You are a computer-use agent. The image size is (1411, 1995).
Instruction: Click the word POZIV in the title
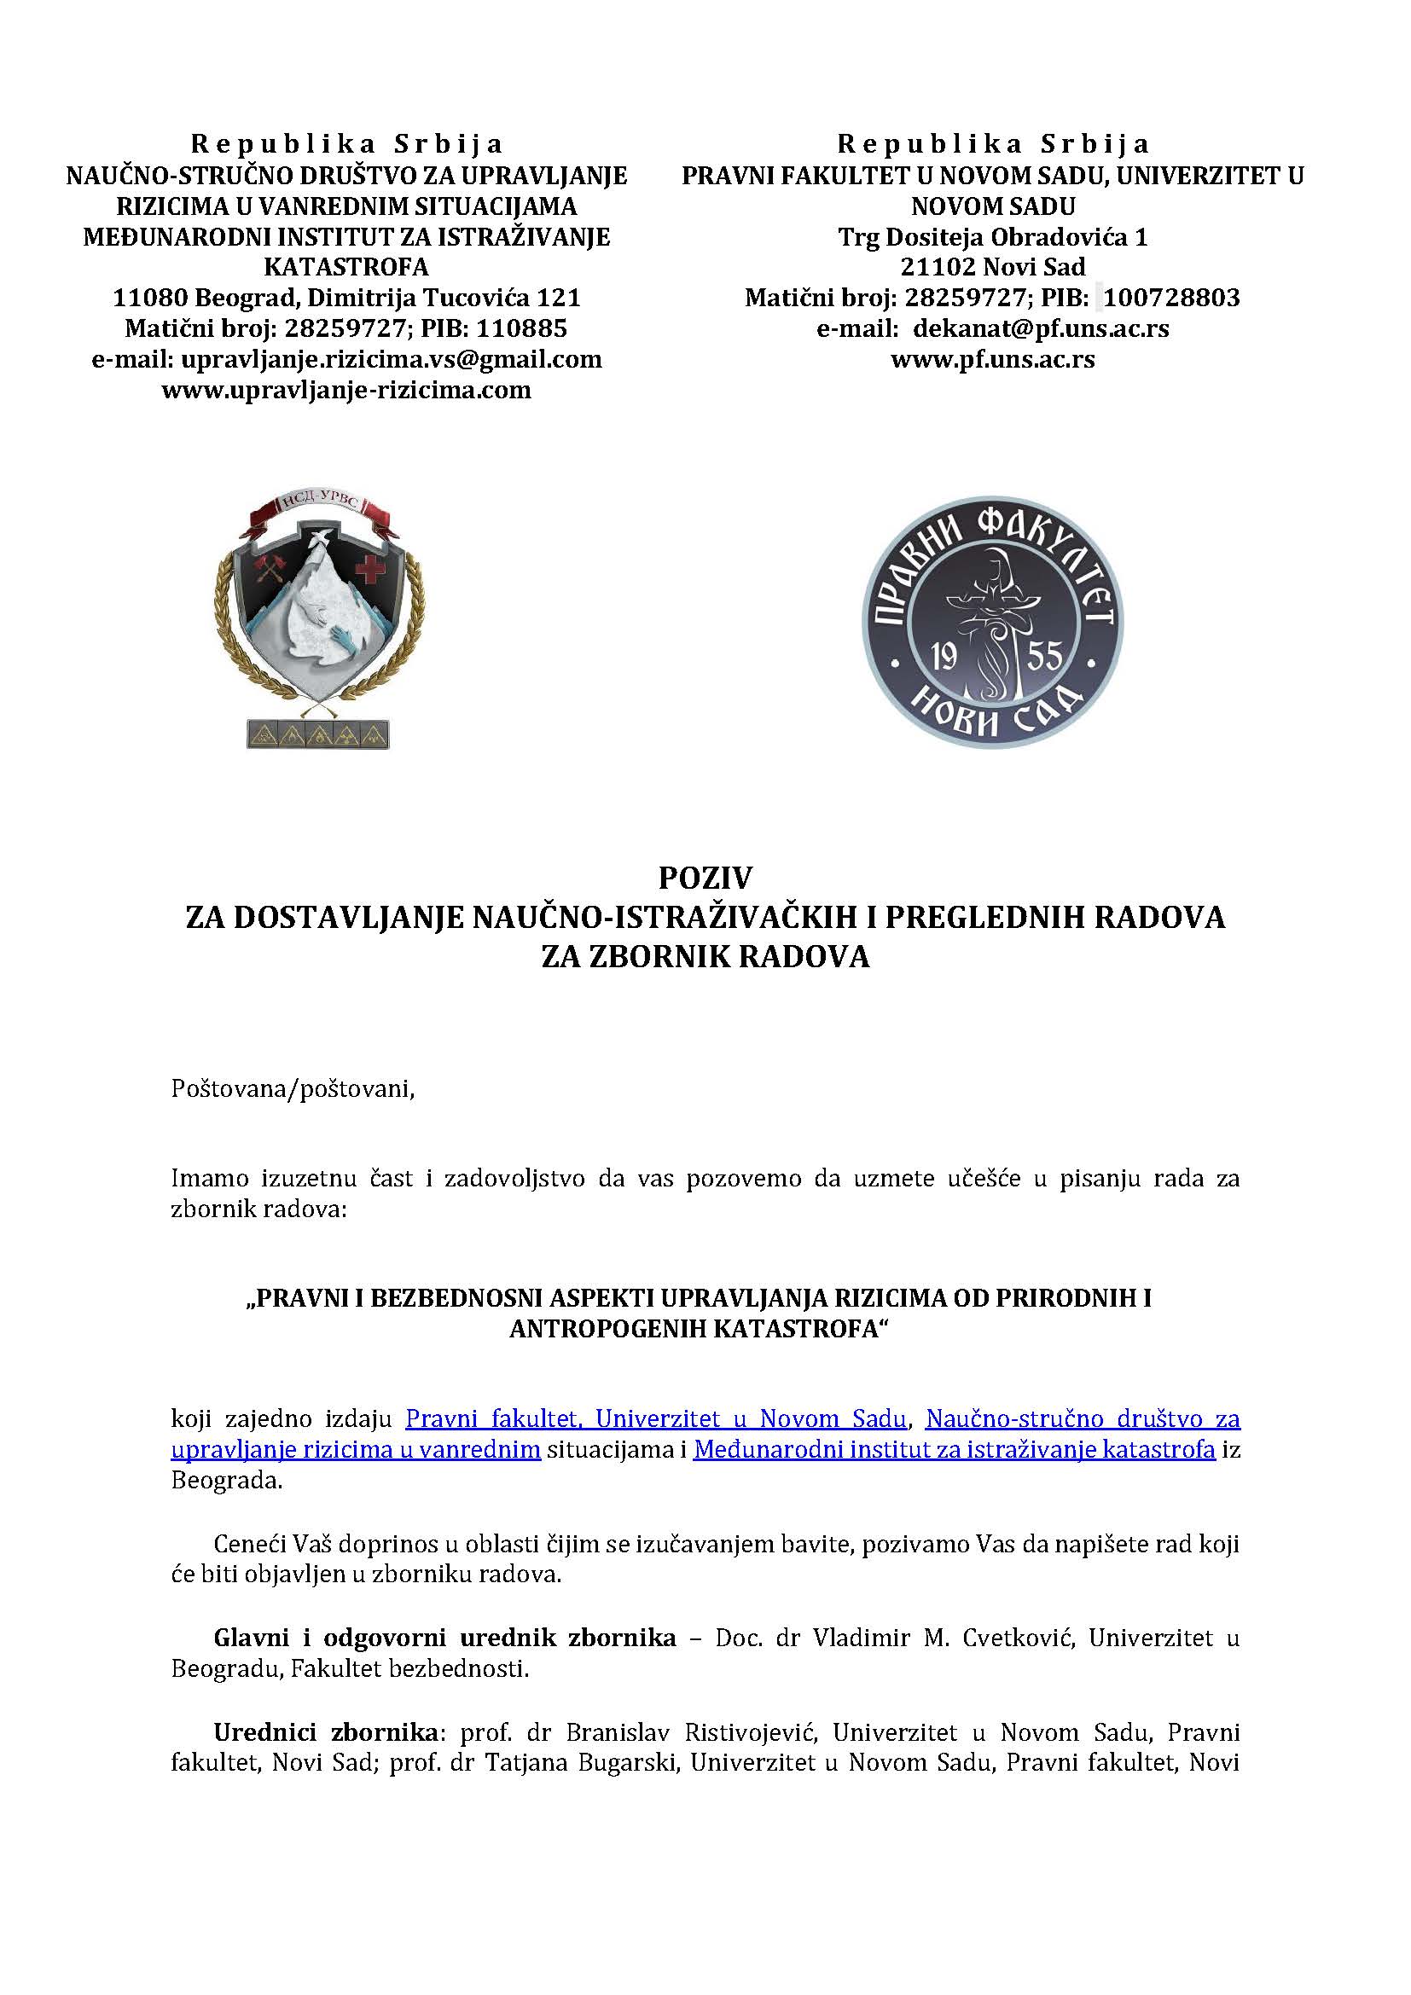pos(705,879)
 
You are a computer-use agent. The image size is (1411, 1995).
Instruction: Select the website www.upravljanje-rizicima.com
pos(345,389)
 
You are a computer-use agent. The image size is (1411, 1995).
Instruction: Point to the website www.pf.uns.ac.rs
pos(992,359)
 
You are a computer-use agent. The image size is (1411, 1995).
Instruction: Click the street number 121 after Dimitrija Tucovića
pos(559,298)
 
